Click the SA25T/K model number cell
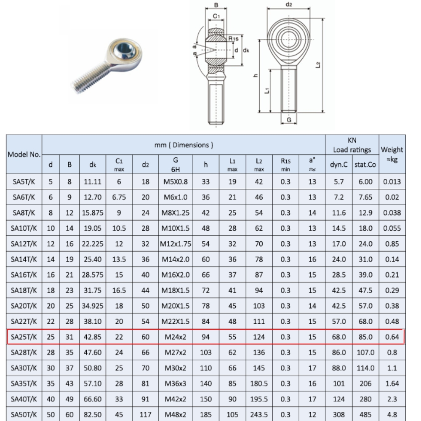point(24,337)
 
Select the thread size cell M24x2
point(176,337)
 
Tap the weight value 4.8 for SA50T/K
point(392,414)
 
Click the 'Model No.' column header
point(24,154)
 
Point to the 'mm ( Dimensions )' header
point(184,145)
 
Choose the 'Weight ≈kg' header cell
point(392,154)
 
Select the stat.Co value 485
point(365,414)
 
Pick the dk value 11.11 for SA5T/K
point(93,182)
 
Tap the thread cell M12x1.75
point(176,244)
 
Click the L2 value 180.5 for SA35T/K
point(259,384)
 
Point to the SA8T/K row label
point(24,213)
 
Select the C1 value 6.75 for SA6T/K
point(119,197)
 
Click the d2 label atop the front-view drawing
point(289,5)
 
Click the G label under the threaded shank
point(289,120)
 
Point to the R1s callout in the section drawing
point(234,39)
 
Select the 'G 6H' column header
point(176,165)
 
